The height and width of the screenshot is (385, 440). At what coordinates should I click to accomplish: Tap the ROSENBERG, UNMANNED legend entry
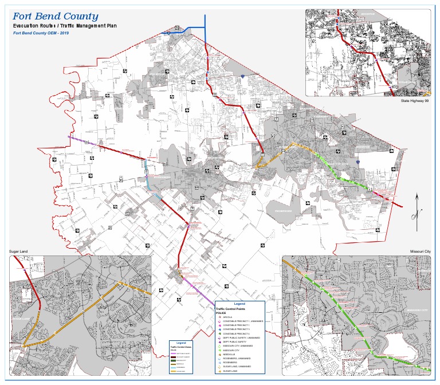pos(237,359)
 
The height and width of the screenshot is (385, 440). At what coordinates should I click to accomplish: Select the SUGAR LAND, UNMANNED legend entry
pos(237,367)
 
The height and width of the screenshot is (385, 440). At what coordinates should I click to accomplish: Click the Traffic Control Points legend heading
pos(230,309)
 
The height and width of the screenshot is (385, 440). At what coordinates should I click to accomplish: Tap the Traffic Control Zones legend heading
pos(181,347)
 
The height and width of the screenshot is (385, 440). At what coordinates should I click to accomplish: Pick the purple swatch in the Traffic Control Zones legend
pos(173,353)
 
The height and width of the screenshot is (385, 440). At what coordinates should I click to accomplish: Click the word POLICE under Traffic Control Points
pos(221,313)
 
